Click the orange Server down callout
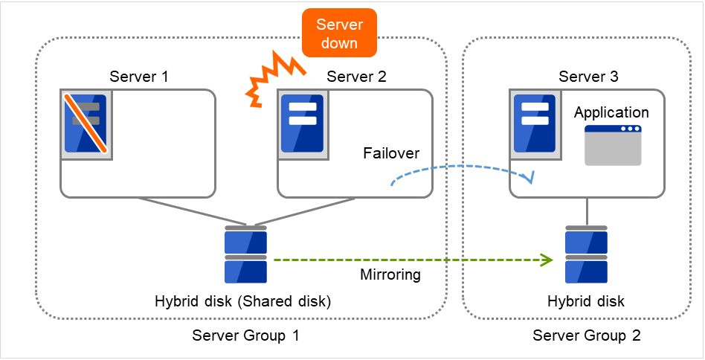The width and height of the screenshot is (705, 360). (338, 33)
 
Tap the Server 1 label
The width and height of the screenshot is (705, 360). (139, 77)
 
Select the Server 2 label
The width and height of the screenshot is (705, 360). (356, 77)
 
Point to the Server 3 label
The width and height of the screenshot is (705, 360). (588, 77)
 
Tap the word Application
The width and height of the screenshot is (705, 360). (611, 113)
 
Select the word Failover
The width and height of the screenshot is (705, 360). (391, 153)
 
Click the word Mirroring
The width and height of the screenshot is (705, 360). (390, 274)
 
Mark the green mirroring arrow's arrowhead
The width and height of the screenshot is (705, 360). (547, 260)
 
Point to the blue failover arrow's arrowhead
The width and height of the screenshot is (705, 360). (529, 179)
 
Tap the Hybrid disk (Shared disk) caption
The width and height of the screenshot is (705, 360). (242, 301)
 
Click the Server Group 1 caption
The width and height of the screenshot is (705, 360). (245, 335)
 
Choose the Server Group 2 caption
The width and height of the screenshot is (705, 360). (587, 335)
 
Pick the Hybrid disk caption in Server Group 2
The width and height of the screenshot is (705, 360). (587, 301)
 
